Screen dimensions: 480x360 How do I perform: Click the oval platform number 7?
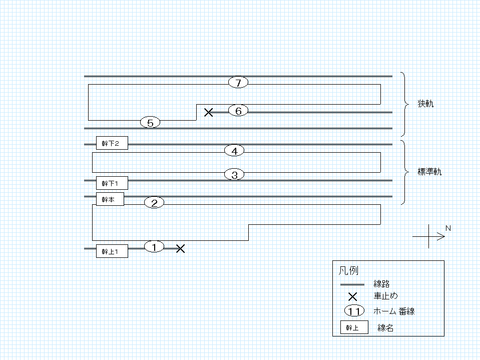238,82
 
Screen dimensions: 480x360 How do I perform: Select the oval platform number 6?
238,111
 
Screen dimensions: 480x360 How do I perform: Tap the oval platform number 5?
150,123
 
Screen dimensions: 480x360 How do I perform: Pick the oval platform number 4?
234,151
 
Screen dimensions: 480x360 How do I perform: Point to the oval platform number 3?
234,175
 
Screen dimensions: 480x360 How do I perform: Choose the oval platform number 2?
154,203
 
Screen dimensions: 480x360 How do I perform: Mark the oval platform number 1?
154,247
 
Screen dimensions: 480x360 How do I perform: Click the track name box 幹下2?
112,143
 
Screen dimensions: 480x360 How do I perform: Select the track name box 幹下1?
112,183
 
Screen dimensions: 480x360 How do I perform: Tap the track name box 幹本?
110,199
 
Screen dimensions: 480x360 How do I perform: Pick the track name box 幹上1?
112,251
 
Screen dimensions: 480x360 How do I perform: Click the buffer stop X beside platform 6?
209,112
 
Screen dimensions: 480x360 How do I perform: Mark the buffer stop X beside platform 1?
181,248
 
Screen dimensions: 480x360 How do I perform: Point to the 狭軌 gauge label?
425,104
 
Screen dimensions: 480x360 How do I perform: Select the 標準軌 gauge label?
429,171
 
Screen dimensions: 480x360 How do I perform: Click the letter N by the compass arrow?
448,228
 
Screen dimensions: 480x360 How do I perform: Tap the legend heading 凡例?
348,270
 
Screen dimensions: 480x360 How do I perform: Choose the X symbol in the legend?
353,296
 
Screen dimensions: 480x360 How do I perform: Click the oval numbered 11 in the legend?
354,311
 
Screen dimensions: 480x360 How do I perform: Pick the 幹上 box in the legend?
354,327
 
